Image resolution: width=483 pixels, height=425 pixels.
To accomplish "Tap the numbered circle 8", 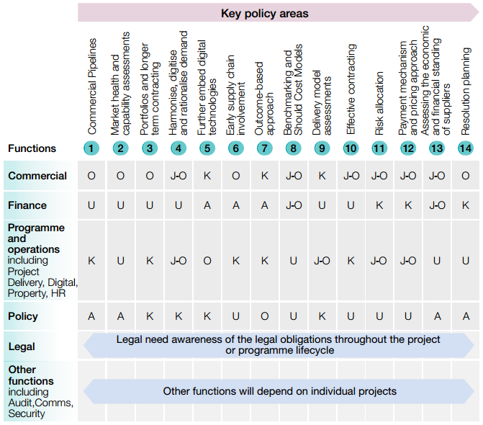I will coord(293,148).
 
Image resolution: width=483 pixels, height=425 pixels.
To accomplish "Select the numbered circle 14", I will coord(466,148).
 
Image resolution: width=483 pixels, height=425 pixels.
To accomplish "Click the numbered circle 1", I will coord(91,148).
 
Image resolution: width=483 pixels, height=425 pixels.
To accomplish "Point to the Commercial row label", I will coord(37,176).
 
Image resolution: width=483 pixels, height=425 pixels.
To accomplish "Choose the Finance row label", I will coord(27,205).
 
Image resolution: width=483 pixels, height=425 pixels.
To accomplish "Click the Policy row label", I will coord(23,316).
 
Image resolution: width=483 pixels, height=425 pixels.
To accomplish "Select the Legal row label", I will coord(22,346).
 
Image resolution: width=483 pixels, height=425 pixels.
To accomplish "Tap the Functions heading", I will coord(32,148).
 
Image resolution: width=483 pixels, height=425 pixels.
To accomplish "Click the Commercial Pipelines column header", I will coord(92,86).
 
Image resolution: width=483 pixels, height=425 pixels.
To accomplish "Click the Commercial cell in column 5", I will coord(207,176).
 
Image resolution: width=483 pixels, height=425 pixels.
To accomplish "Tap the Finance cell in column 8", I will coord(293,205).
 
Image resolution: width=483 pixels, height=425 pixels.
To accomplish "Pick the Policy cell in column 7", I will coord(264,316).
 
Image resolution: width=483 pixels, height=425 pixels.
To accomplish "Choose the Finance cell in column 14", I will coord(466,205).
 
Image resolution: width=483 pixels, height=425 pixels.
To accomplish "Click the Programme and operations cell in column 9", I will coord(322,261).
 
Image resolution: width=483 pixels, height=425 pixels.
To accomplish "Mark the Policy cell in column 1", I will coord(91,316).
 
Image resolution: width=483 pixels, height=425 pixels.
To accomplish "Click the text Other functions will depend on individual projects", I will coord(280,391).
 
